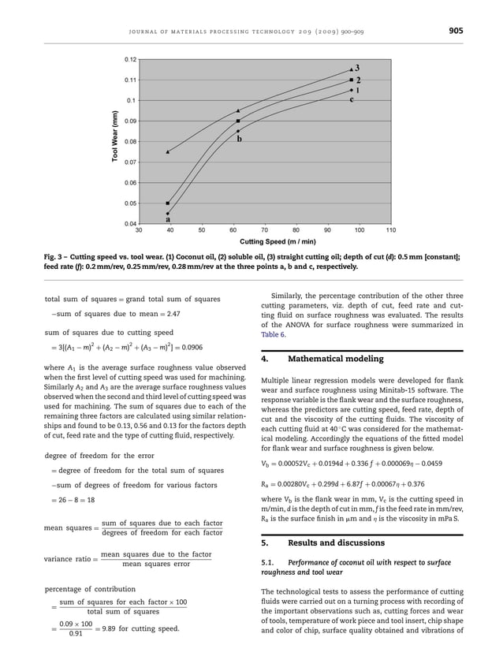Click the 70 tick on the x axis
(x=265, y=230)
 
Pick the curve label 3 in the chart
(x=357, y=68)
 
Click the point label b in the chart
(x=238, y=140)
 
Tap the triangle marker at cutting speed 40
(x=167, y=151)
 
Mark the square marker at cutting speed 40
(x=167, y=203)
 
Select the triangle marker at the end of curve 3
(x=351, y=70)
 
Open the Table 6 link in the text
(x=273, y=334)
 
